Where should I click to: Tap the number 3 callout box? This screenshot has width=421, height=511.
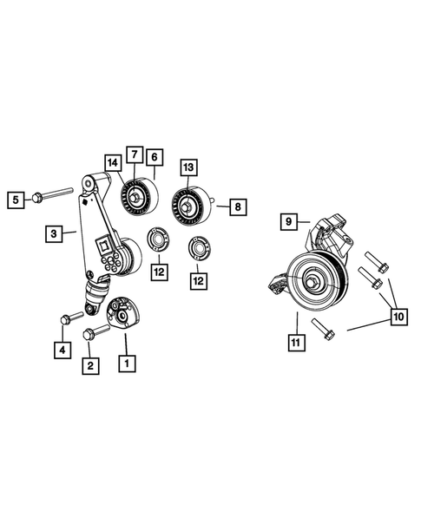tap(53, 233)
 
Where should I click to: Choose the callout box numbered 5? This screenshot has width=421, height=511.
tap(15, 200)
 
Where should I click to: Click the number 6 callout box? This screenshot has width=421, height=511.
tap(154, 157)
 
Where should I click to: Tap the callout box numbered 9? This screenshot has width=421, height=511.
tap(289, 221)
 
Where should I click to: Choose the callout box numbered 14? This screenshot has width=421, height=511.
tap(112, 162)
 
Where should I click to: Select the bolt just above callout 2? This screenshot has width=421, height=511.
tap(93, 333)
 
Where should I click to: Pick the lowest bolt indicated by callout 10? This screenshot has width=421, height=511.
tap(321, 331)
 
